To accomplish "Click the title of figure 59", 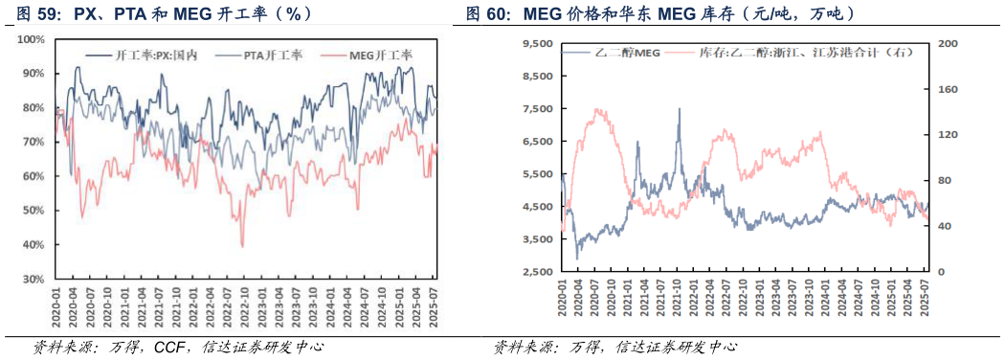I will (163, 14).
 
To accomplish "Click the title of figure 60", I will (660, 14).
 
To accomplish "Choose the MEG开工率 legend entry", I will (369, 56).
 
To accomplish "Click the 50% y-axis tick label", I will (33, 211).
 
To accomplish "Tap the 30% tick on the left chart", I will (33, 280).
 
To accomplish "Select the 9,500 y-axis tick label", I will (537, 43).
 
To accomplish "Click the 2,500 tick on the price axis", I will (537, 272).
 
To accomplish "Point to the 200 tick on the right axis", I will (945, 43).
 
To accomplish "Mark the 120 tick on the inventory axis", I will (945, 135).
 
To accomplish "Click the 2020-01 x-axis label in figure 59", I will (56, 305).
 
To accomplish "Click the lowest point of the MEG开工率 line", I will (242, 246).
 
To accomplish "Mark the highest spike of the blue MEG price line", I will (680, 108).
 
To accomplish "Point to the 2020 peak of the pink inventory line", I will (598, 109).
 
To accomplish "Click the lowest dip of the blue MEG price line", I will (576, 259).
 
